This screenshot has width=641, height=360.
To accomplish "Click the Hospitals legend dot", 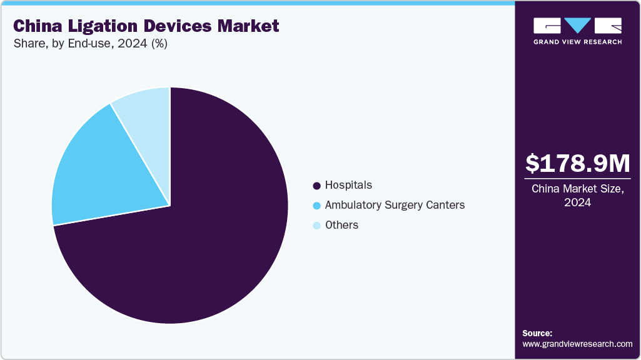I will (x=316, y=186).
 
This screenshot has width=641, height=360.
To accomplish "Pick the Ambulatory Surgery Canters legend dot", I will (x=316, y=206).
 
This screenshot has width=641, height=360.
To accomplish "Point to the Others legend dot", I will (x=316, y=226).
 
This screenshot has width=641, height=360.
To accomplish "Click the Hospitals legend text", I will (x=348, y=185).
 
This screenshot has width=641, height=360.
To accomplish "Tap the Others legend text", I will (x=341, y=225).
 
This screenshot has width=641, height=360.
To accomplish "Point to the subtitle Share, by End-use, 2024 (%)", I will (x=91, y=44).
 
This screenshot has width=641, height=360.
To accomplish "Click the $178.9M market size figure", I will (x=578, y=163).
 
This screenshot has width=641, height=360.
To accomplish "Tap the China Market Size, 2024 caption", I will (x=578, y=196).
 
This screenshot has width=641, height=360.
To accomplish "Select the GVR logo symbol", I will (x=577, y=26).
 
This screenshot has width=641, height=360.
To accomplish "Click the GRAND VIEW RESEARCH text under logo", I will (x=577, y=42).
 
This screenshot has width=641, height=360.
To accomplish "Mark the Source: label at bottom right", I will (x=537, y=333).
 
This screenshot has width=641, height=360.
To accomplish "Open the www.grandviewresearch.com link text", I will (x=577, y=344).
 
